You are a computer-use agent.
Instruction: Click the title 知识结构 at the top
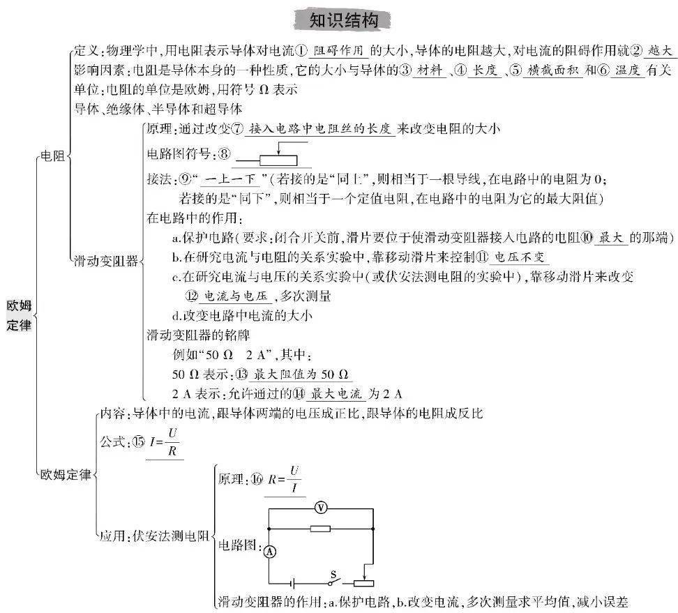click(344, 20)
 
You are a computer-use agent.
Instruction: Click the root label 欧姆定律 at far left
click(19, 315)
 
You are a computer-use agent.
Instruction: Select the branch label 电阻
click(52, 156)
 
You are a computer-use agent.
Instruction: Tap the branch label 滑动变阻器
click(106, 261)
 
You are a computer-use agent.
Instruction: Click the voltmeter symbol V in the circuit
click(320, 508)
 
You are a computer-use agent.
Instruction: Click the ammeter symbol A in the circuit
click(270, 552)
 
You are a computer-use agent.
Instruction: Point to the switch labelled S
click(334, 580)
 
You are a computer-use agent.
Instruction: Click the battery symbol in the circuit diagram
click(294, 584)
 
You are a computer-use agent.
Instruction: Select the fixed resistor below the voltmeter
click(320, 529)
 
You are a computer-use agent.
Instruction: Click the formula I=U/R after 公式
click(164, 442)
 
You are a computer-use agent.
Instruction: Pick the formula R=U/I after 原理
click(284, 479)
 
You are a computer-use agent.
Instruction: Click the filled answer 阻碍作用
click(338, 51)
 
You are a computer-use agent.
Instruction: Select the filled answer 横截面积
click(552, 70)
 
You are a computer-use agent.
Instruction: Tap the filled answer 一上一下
click(230, 179)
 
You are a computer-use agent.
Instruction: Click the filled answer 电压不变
click(519, 257)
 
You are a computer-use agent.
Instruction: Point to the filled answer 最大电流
click(336, 393)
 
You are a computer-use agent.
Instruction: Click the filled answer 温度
click(627, 70)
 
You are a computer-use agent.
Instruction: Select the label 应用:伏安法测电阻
click(154, 536)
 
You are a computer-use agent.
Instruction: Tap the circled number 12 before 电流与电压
click(192, 296)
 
